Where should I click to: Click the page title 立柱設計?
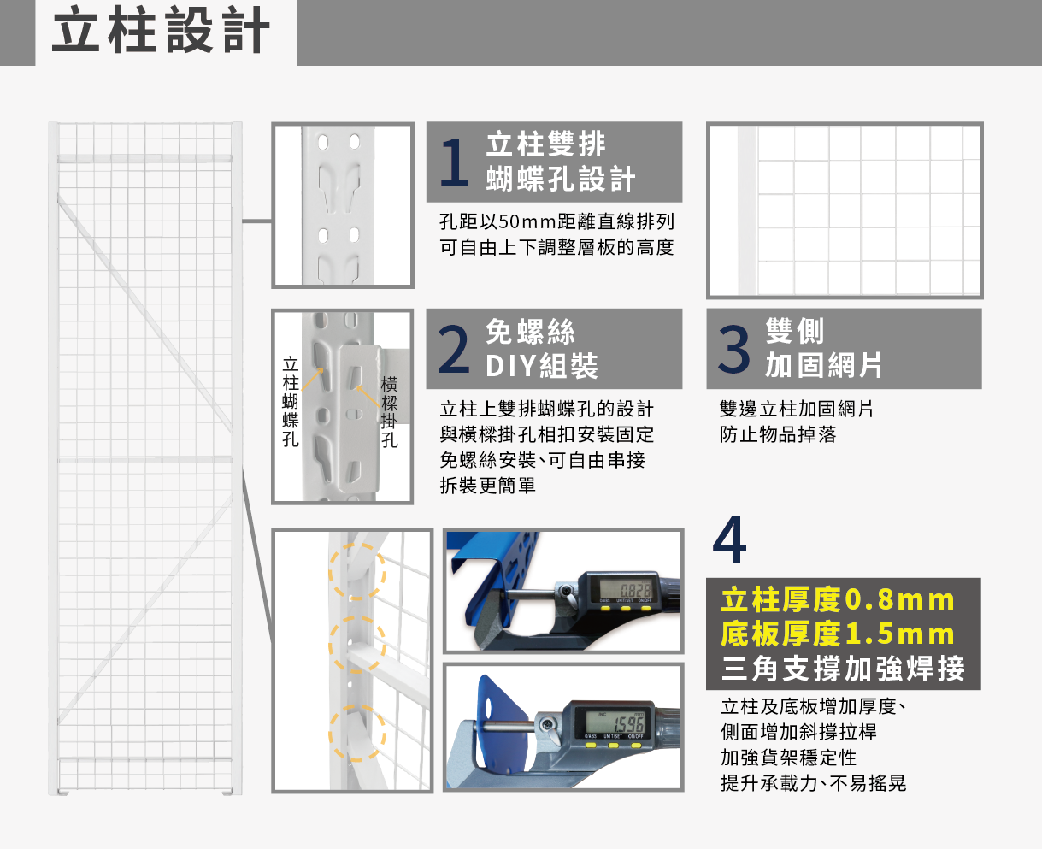click(162, 32)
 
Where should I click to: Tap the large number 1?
click(454, 162)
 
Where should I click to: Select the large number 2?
click(454, 350)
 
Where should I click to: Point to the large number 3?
click(733, 350)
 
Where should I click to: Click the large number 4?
click(729, 541)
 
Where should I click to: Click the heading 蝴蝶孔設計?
click(560, 180)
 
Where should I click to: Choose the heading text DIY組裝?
click(541, 367)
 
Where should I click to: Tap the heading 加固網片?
click(823, 365)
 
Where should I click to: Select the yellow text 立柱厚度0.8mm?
click(837, 600)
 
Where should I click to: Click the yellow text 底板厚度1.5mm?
click(837, 634)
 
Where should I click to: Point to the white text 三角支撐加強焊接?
click(842, 669)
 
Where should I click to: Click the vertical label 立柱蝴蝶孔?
click(291, 402)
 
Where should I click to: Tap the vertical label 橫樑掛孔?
click(390, 412)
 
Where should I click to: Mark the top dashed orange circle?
click(357, 570)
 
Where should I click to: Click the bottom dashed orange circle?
click(357, 733)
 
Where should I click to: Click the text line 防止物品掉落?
click(778, 434)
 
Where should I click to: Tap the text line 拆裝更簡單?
click(487, 486)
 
